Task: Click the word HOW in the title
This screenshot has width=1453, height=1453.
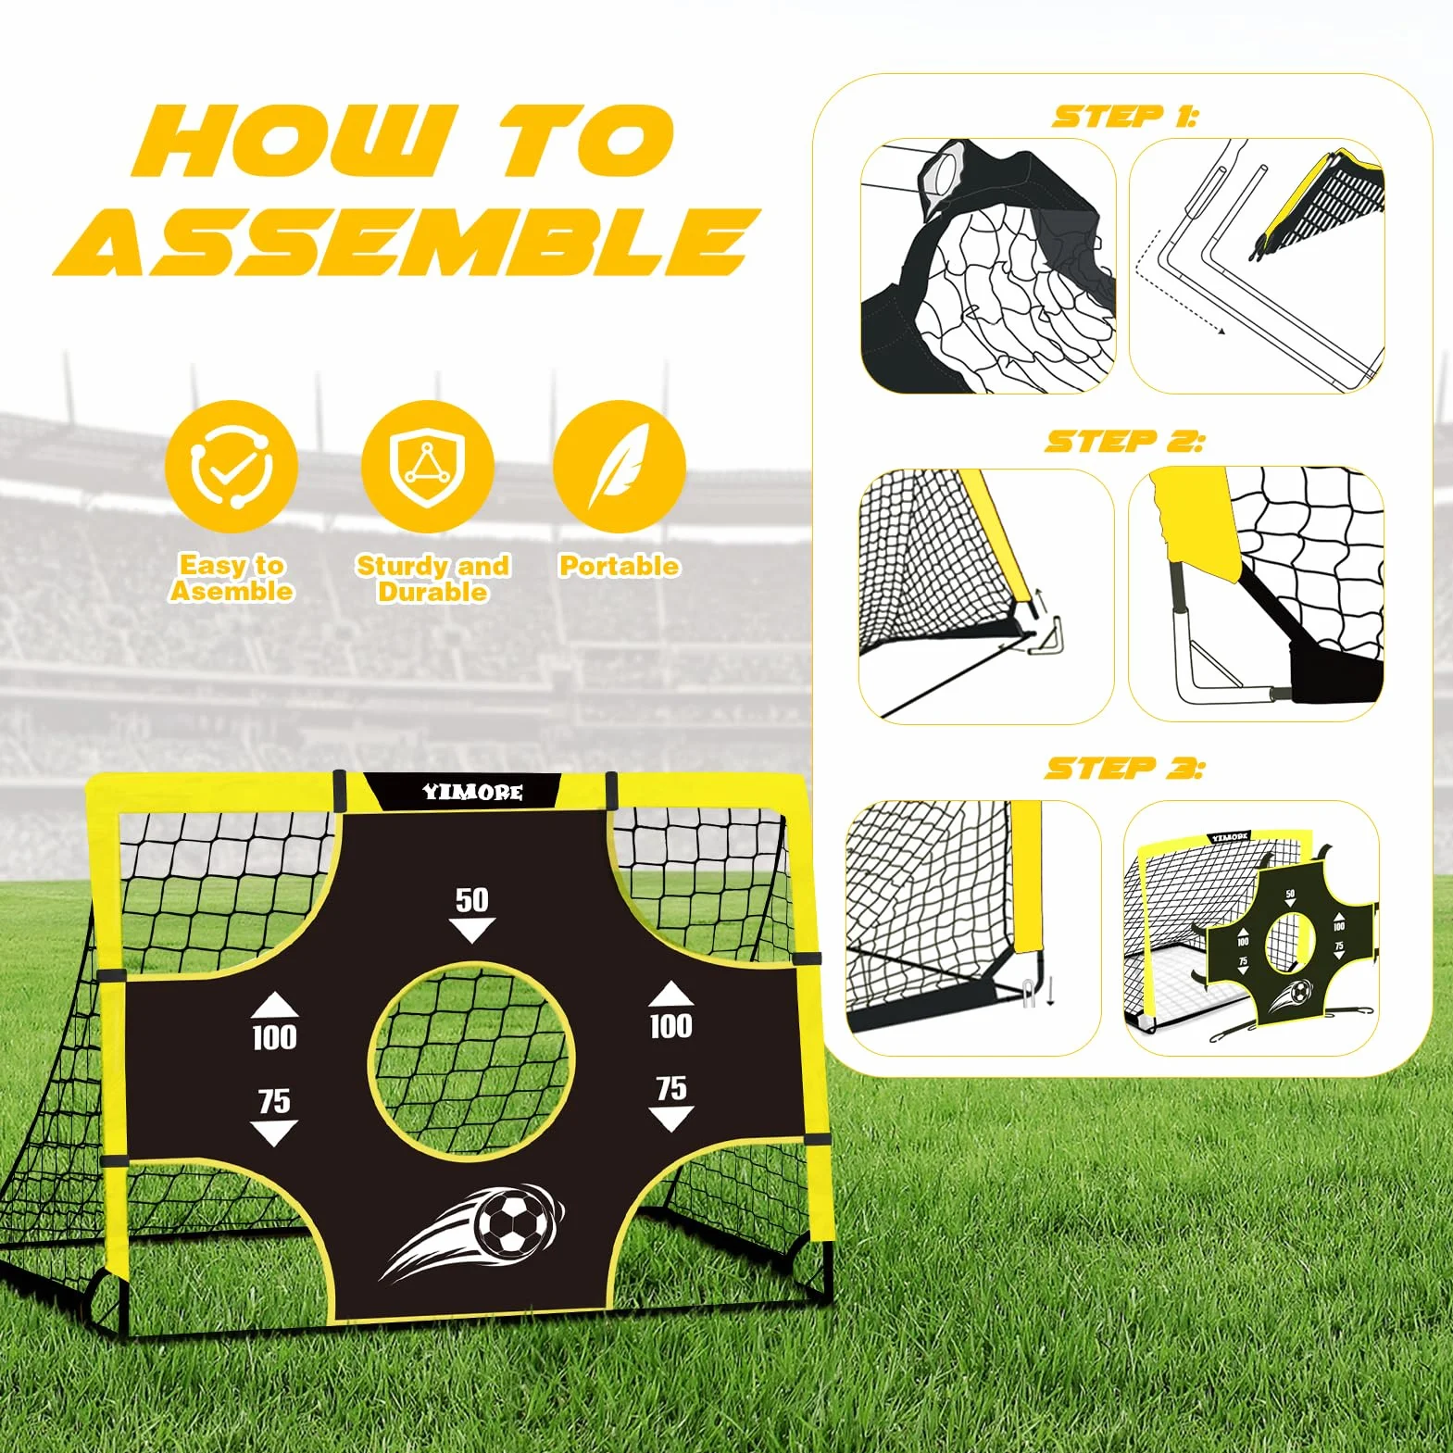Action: click(296, 141)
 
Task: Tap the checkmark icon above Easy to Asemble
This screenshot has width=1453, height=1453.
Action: click(232, 466)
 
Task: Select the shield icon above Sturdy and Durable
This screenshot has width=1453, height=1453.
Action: click(427, 466)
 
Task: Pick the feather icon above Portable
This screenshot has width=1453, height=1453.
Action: click(619, 466)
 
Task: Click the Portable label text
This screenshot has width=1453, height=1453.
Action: click(619, 566)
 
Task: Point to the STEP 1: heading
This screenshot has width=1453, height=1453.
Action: click(1125, 117)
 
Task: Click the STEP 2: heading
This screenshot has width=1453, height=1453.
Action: click(1125, 442)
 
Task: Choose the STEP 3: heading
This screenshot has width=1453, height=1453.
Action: click(1125, 768)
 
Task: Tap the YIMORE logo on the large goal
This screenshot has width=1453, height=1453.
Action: click(472, 792)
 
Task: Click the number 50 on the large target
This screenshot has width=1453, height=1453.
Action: click(472, 900)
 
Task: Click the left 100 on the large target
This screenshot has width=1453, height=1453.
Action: click(275, 1036)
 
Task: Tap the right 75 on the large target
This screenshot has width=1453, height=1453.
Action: click(671, 1087)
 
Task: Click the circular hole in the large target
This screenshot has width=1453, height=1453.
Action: click(472, 1059)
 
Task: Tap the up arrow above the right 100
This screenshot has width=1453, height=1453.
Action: click(671, 995)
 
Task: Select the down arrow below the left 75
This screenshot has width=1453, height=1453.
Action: click(274, 1133)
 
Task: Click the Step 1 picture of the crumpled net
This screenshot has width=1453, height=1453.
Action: click(988, 267)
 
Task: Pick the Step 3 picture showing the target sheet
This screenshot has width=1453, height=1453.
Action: click(1252, 928)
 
